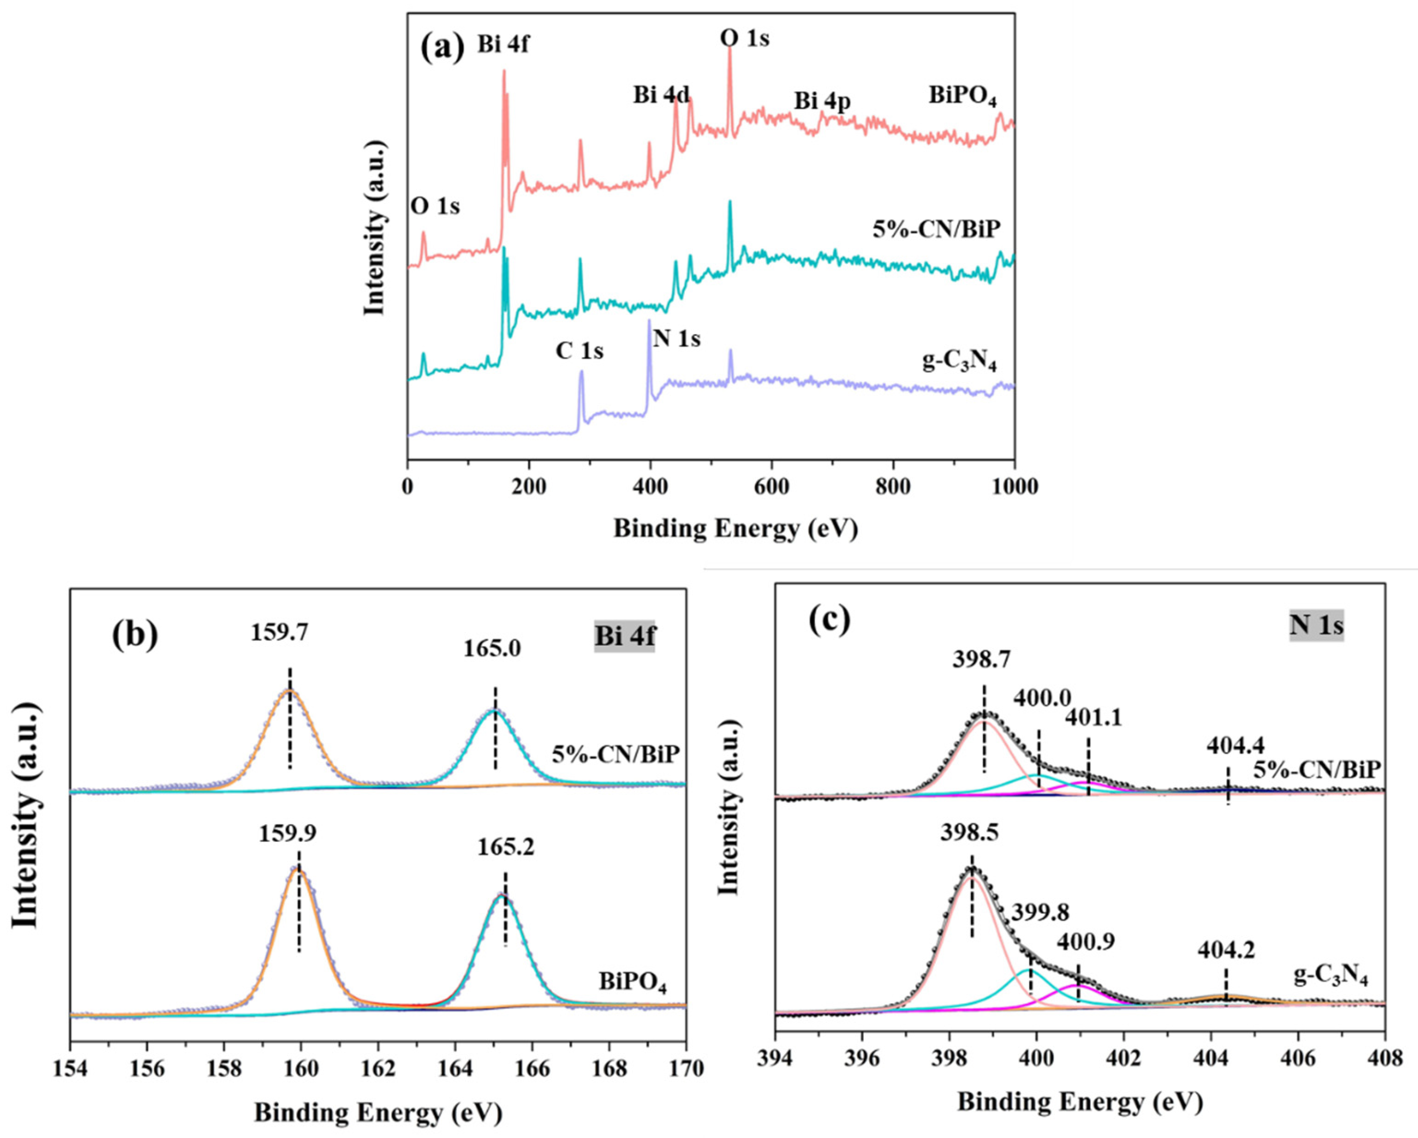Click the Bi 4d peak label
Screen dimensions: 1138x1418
point(662,95)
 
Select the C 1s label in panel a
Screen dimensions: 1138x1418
point(579,351)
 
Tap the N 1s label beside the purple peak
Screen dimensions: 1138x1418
point(677,339)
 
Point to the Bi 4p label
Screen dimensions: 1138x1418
point(822,102)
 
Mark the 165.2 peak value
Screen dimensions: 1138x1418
point(506,847)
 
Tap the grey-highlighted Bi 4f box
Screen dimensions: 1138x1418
point(625,637)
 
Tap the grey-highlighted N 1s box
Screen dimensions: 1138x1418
point(1316,625)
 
